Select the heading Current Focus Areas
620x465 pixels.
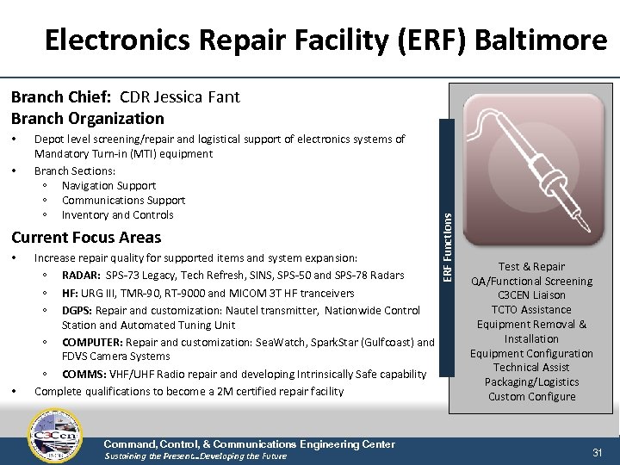tap(85, 238)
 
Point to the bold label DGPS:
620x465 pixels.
tap(77, 310)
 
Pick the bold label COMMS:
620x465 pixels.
tap(82, 375)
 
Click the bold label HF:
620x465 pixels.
tap(71, 293)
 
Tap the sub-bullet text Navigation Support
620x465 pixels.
tap(108, 185)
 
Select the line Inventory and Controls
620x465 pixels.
tap(117, 215)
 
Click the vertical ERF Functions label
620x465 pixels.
tap(445, 246)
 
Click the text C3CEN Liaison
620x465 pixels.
tap(531, 295)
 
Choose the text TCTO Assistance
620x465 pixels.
tap(531, 310)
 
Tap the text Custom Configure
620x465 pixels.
tap(531, 397)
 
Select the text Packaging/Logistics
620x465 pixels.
tap(531, 382)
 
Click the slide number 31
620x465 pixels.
tap(598, 452)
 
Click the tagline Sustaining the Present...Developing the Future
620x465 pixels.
tap(195, 456)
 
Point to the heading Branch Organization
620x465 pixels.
tap(87, 119)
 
